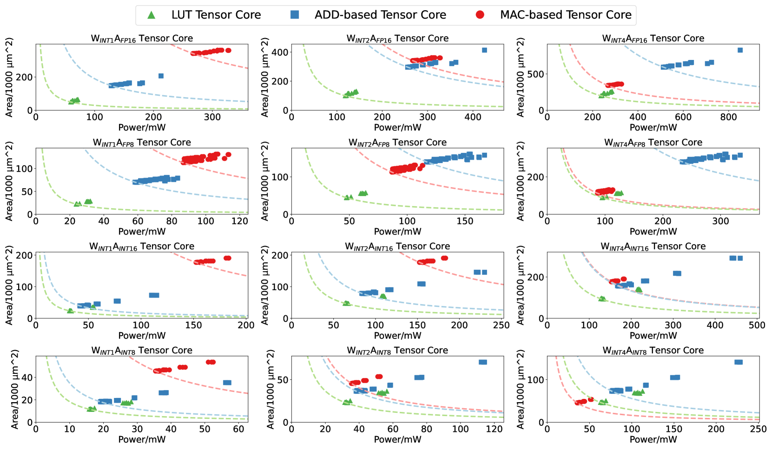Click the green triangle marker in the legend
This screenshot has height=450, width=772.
coord(152,15)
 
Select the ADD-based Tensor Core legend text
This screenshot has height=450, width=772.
coord(380,15)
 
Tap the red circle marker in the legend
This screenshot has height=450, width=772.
coord(480,15)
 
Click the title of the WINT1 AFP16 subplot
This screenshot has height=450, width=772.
coord(142,38)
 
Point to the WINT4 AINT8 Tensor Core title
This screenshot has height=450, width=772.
coord(653,351)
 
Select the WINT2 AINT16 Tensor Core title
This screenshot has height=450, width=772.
coord(397,247)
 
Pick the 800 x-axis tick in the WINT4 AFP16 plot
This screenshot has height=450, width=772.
coord(729,117)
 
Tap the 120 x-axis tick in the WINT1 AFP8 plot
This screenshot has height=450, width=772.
coord(239,221)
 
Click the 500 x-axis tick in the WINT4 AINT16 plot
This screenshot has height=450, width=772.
coord(757,325)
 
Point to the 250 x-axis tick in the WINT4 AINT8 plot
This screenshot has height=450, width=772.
coord(758,429)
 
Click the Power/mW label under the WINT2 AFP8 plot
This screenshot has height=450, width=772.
coord(397,231)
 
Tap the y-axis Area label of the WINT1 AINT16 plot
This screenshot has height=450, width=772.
coord(9,285)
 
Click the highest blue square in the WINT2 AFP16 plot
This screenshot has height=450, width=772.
coord(484,50)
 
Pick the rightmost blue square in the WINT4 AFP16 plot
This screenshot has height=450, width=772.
coord(740,50)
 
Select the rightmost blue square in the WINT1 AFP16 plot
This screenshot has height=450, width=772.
coord(161,76)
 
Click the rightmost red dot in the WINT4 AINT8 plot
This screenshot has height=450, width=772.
coord(591,399)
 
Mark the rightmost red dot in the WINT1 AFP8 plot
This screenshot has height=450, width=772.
coord(228,155)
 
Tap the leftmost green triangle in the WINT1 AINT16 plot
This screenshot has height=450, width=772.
coord(70,311)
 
